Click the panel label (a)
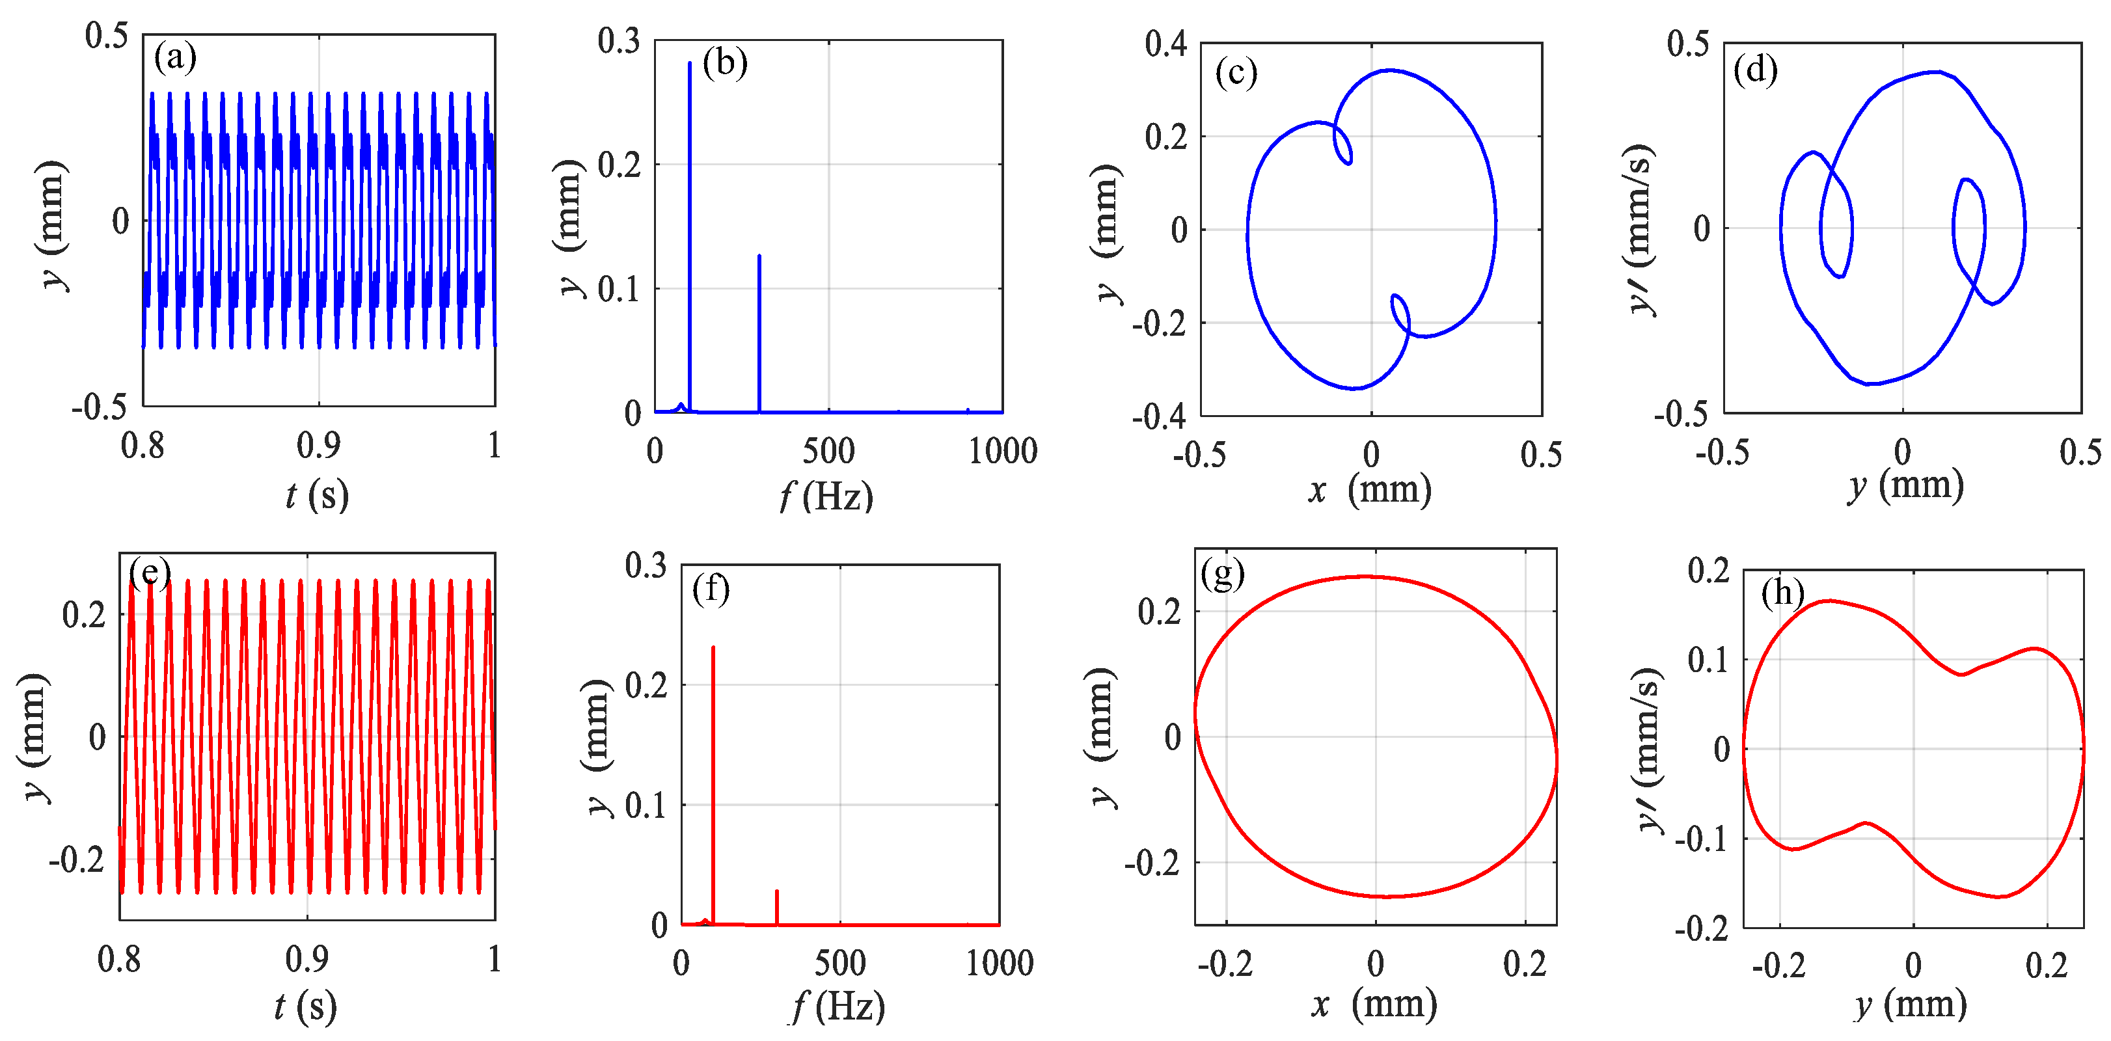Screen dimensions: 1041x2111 [175, 58]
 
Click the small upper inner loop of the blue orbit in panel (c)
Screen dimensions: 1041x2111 [1342, 145]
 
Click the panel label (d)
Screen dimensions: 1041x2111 [1755, 70]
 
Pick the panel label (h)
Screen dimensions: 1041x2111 [1782, 592]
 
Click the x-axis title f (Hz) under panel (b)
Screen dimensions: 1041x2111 [826, 496]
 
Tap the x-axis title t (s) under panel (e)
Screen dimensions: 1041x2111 [305, 1007]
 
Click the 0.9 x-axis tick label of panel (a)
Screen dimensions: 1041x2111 [318, 446]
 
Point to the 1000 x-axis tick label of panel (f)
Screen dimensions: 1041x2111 [999, 964]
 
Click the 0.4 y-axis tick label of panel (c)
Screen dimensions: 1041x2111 [1165, 44]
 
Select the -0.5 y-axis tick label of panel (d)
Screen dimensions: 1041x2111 [1681, 414]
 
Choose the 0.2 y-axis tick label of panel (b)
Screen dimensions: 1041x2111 [619, 165]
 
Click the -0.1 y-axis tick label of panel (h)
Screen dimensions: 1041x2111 [1702, 839]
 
